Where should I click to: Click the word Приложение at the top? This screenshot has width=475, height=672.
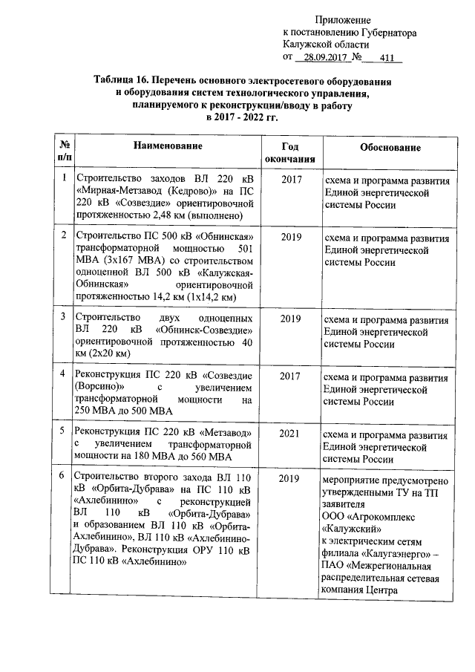342,20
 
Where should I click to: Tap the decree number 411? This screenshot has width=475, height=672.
386,58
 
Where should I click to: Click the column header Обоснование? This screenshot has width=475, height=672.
390,148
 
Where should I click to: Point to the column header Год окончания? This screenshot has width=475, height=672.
289,153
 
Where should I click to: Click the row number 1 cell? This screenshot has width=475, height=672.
65,178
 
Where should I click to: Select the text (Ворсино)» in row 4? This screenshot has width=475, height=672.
100,388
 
